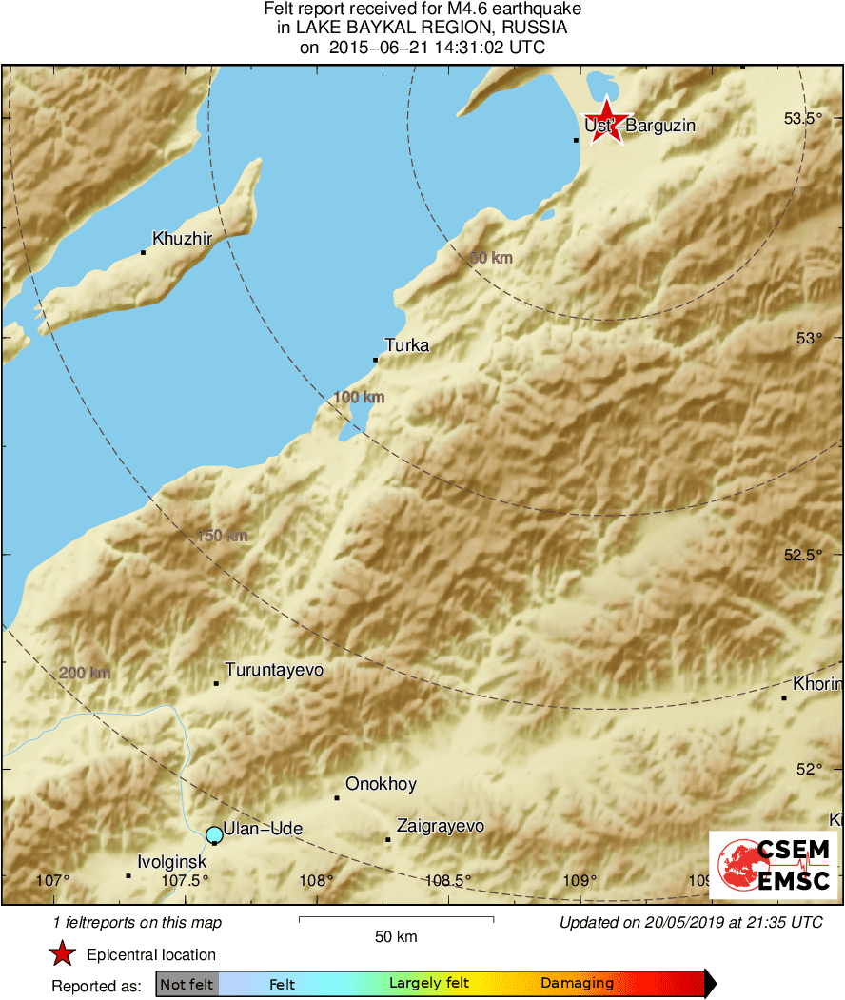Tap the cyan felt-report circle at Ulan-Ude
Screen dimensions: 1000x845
pos(214,835)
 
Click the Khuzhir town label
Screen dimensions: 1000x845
pos(182,239)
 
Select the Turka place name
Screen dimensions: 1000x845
pos(406,345)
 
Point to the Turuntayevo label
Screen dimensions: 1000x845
pos(274,670)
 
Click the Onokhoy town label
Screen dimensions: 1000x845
pos(381,784)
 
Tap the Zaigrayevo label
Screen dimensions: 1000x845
pos(440,826)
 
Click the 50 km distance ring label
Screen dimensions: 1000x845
pos(491,258)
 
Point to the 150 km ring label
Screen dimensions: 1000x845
pos(222,536)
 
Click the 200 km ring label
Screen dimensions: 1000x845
pos(85,673)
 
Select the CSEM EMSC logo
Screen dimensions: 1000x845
pos(773,864)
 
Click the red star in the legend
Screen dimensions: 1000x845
pos(63,954)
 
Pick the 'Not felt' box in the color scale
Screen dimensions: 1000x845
pos(187,984)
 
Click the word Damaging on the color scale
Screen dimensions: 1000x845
pos(577,984)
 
